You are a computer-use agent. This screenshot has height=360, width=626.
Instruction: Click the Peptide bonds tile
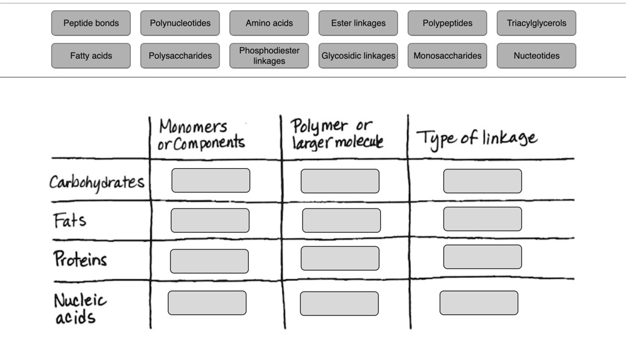[x=91, y=23]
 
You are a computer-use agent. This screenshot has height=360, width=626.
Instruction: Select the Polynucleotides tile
[x=180, y=23]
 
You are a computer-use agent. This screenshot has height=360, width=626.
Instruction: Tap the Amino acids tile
[x=269, y=23]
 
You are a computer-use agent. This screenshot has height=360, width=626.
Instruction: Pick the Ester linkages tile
[x=358, y=23]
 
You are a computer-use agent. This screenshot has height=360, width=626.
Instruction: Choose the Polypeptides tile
[x=447, y=23]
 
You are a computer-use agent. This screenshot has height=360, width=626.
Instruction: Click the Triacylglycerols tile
[x=536, y=23]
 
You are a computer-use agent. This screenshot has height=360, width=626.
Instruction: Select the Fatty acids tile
[x=91, y=56]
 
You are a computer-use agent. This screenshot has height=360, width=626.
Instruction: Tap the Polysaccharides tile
[x=180, y=56]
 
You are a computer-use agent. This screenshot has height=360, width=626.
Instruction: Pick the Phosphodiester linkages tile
[x=269, y=56]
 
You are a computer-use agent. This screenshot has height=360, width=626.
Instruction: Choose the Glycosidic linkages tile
[x=358, y=56]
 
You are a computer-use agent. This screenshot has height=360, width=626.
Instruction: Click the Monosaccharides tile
[x=447, y=56]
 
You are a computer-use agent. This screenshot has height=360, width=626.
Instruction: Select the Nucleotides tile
[x=536, y=56]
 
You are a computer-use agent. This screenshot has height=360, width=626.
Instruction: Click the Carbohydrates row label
[x=97, y=182]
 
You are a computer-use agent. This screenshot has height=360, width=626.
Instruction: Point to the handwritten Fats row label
[x=70, y=220]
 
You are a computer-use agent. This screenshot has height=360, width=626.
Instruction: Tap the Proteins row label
[x=80, y=259]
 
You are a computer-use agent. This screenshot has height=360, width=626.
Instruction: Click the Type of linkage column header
[x=477, y=138]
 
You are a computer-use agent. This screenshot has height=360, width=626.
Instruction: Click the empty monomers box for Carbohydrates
[x=210, y=180]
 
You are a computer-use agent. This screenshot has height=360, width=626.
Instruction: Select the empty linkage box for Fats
[x=482, y=219]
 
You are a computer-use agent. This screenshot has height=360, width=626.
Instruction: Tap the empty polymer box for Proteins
[x=339, y=259]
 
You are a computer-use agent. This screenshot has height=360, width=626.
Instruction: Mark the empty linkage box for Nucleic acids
[x=479, y=303]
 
